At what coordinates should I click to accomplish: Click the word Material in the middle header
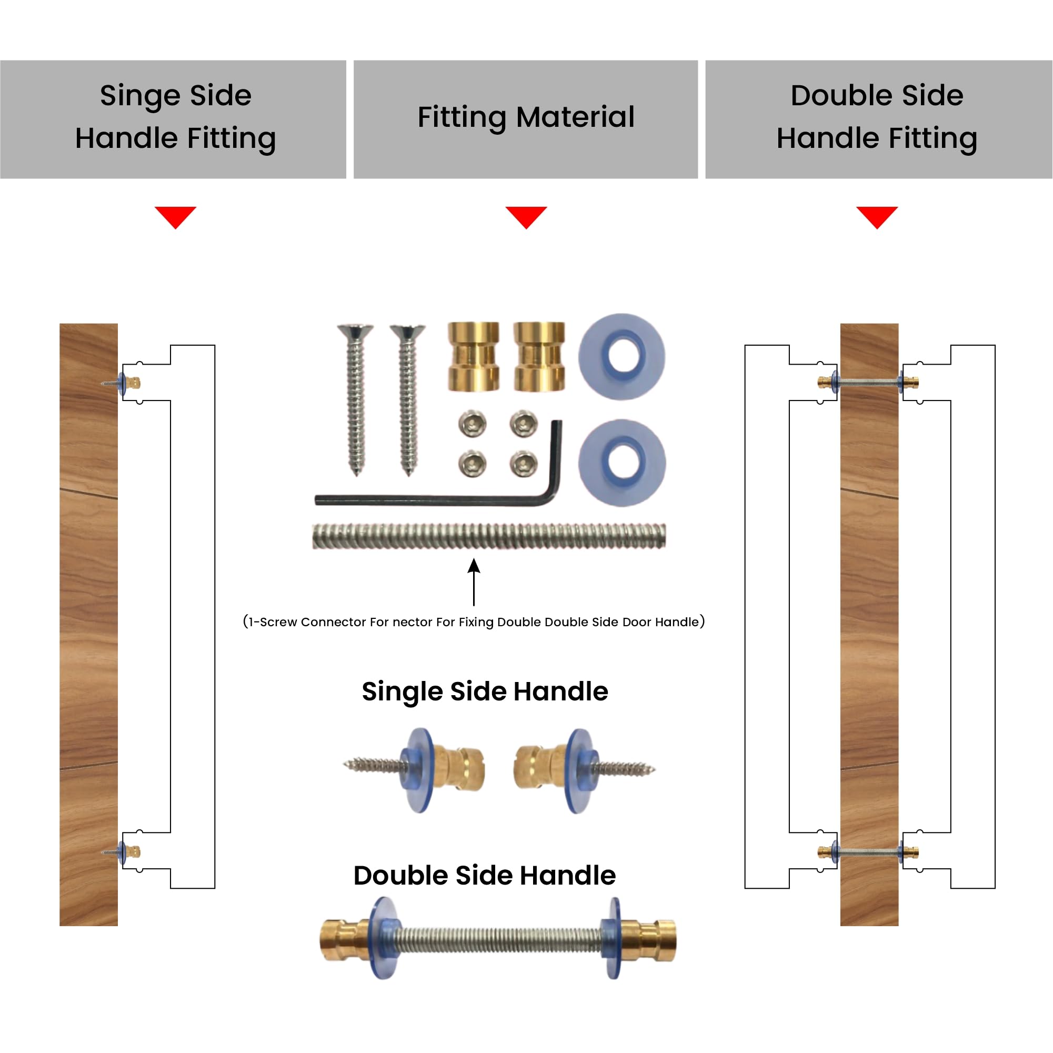tap(575, 117)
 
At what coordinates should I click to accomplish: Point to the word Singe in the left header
tap(141, 96)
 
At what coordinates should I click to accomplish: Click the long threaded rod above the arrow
tap(489, 536)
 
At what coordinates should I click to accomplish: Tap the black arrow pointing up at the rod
tap(474, 582)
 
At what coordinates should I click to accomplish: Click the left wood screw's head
tap(355, 332)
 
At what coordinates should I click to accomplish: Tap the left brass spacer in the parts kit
tap(473, 356)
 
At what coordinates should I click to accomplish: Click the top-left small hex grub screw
tap(472, 423)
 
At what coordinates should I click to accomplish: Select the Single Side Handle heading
tap(485, 691)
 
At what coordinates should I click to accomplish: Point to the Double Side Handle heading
tap(485, 876)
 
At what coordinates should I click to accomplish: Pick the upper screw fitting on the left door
tap(121, 384)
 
